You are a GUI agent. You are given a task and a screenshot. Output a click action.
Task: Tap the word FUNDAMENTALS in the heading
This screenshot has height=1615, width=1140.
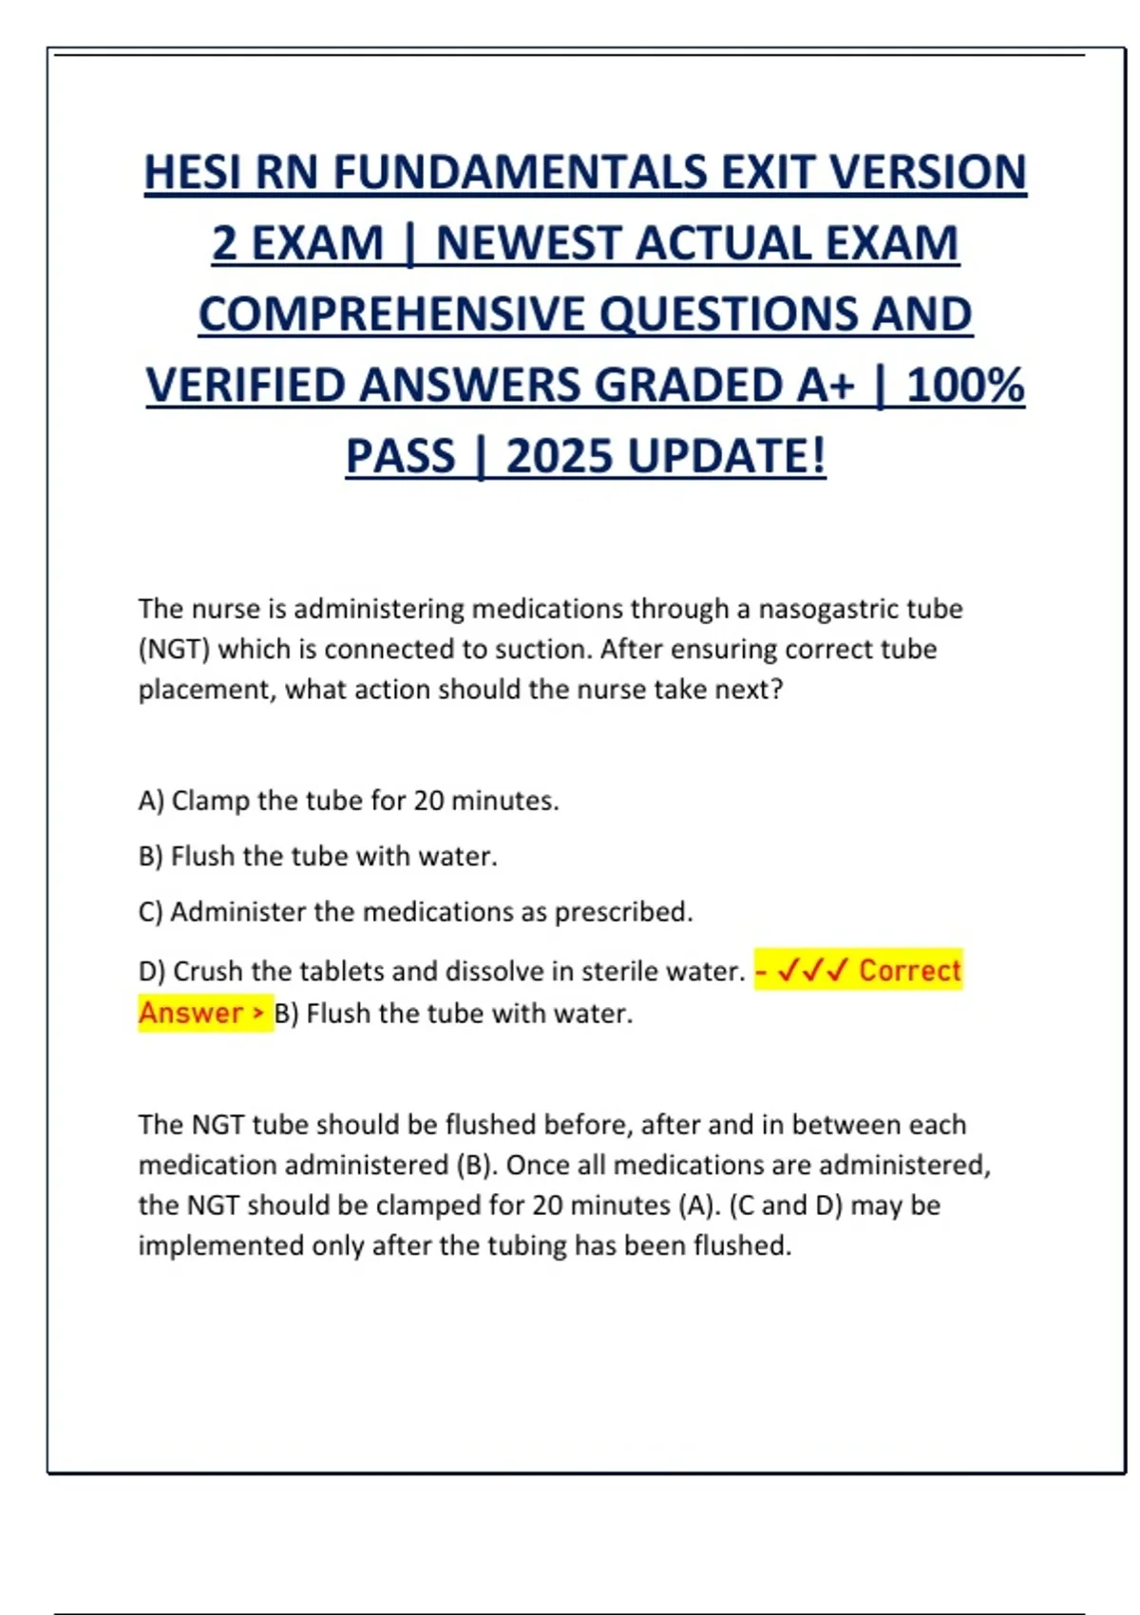pyautogui.click(x=520, y=173)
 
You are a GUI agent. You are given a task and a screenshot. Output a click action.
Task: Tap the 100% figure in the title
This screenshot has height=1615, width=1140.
pyautogui.click(x=965, y=386)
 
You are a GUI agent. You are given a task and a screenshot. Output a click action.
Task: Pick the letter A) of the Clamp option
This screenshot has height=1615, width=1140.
pyautogui.click(x=152, y=801)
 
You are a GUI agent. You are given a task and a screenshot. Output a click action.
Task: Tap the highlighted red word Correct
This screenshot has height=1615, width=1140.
pyautogui.click(x=910, y=971)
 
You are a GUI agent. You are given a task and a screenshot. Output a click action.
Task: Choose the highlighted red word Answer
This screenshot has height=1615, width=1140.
pyautogui.click(x=191, y=1013)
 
